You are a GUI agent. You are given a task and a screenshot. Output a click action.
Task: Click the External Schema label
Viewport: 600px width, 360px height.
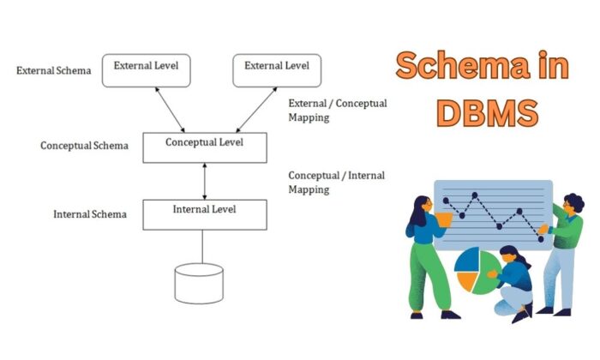click(x=53, y=70)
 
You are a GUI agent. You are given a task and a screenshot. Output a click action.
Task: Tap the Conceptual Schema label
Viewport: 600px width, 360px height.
click(x=84, y=146)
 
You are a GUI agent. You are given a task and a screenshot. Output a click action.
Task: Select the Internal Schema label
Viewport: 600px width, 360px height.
click(x=90, y=214)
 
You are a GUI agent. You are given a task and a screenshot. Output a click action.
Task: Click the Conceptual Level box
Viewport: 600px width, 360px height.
click(x=203, y=147)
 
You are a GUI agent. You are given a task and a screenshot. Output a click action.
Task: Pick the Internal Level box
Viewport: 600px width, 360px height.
click(x=203, y=214)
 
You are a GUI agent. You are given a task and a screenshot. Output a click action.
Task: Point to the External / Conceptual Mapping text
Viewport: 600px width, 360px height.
click(x=337, y=110)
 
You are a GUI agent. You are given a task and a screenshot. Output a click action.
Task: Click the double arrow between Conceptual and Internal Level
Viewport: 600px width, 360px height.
click(x=203, y=181)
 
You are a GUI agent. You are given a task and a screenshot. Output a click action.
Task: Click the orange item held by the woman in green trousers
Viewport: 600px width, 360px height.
click(x=443, y=220)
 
